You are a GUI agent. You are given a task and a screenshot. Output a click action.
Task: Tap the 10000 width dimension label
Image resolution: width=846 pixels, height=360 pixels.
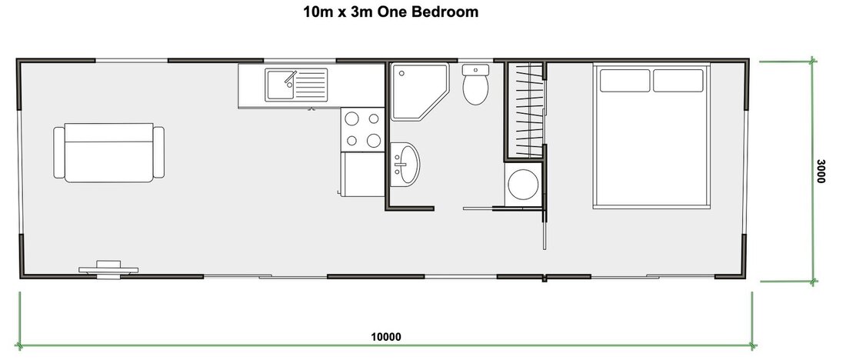[385, 336]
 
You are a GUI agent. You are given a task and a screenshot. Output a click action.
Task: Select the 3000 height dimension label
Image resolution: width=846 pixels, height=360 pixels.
[821, 171]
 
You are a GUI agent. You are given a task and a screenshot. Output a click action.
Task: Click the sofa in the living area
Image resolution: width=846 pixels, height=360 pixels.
[109, 152]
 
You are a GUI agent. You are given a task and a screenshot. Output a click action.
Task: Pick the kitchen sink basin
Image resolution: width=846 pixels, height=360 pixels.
[279, 84]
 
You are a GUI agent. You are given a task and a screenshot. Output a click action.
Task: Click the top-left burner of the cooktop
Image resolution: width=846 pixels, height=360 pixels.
[352, 119]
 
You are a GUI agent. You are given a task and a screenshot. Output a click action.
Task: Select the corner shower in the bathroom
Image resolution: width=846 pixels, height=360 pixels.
[416, 92]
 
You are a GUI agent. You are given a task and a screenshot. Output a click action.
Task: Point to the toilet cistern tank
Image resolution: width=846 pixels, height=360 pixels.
[475, 69]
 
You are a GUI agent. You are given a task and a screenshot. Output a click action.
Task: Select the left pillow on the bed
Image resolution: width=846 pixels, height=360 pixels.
[625, 80]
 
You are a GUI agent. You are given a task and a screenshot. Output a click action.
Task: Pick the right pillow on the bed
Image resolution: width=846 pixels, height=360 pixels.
[678, 80]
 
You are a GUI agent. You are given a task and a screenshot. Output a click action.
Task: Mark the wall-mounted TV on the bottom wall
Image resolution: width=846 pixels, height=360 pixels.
[108, 267]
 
